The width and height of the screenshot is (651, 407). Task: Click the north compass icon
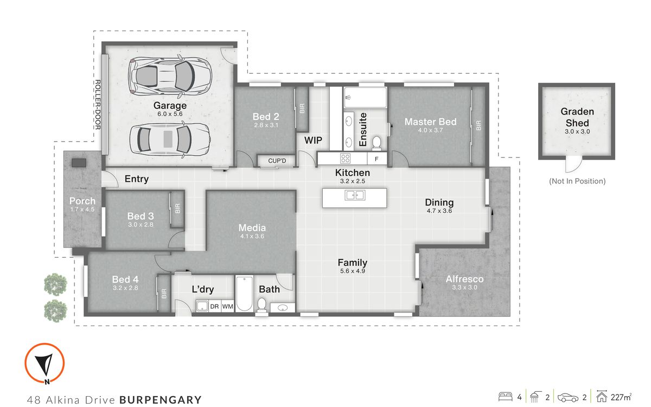coord(44,363)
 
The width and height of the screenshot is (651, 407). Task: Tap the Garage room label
coord(170,105)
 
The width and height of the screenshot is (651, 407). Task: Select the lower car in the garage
coord(169,138)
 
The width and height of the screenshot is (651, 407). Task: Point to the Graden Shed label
coord(577,117)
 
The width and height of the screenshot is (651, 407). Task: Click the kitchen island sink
coord(355,195)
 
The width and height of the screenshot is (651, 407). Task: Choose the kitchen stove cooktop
coord(345,158)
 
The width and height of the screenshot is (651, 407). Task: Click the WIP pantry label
coord(313,141)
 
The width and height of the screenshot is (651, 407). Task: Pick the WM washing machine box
coord(228,307)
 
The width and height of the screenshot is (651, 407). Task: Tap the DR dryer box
coord(214,307)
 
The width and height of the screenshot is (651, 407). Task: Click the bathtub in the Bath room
coord(244,294)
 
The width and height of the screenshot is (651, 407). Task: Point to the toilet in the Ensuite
coord(377,142)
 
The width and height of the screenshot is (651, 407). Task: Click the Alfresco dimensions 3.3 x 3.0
coord(464,288)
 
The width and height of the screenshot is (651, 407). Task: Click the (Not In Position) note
coord(577,181)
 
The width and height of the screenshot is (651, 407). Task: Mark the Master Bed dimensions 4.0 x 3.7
coord(430,131)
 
